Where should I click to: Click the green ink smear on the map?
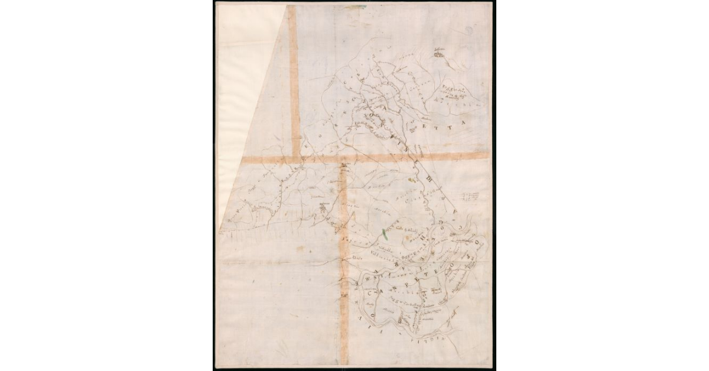pyautogui.click(x=385, y=233)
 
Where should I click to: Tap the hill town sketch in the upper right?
pyautogui.click(x=438, y=54)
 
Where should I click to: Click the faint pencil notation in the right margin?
pyautogui.click(x=471, y=196)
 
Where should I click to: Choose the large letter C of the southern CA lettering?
pyautogui.click(x=372, y=292)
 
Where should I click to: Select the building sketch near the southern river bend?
pyautogui.click(x=399, y=320)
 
